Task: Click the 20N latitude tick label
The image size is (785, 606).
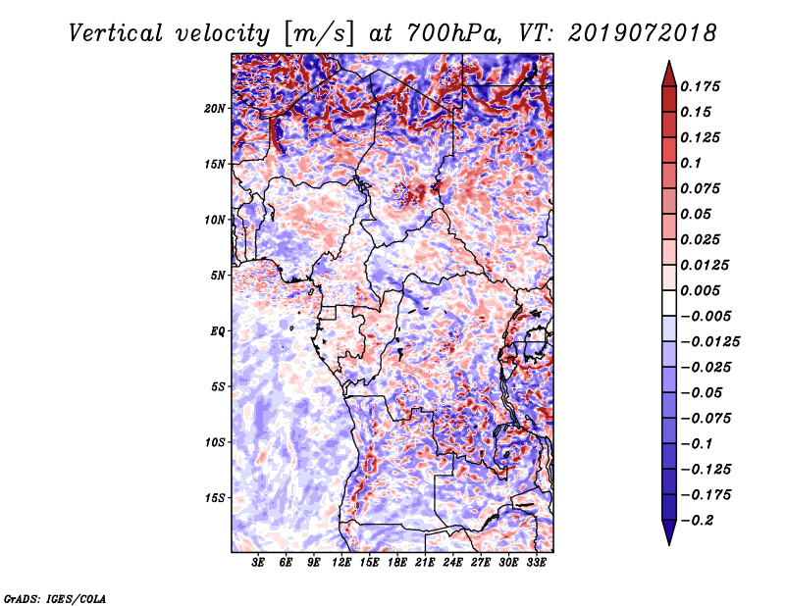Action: [214, 109]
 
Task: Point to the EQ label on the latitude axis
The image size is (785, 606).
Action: [217, 331]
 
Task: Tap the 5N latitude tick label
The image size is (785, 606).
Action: [217, 276]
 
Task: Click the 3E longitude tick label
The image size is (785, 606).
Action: [258, 563]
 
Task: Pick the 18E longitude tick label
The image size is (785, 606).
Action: [397, 563]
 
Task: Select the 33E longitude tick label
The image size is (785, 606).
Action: [536, 563]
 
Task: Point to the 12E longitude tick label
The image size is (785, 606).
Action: [341, 563]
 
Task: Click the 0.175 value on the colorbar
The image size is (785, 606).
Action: [700, 86]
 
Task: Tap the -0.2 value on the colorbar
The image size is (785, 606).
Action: [698, 521]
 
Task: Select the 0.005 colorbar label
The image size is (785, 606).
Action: [700, 290]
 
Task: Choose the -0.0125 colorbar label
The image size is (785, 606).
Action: [709, 342]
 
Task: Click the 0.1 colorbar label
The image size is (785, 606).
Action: [691, 163]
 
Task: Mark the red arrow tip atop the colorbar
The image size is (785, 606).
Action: [669, 62]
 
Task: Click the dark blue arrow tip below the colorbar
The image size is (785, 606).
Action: [669, 543]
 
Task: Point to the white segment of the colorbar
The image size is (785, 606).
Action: [669, 303]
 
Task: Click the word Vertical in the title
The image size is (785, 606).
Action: [116, 33]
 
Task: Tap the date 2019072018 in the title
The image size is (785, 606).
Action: [643, 33]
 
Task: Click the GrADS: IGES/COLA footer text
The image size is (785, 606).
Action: [55, 598]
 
